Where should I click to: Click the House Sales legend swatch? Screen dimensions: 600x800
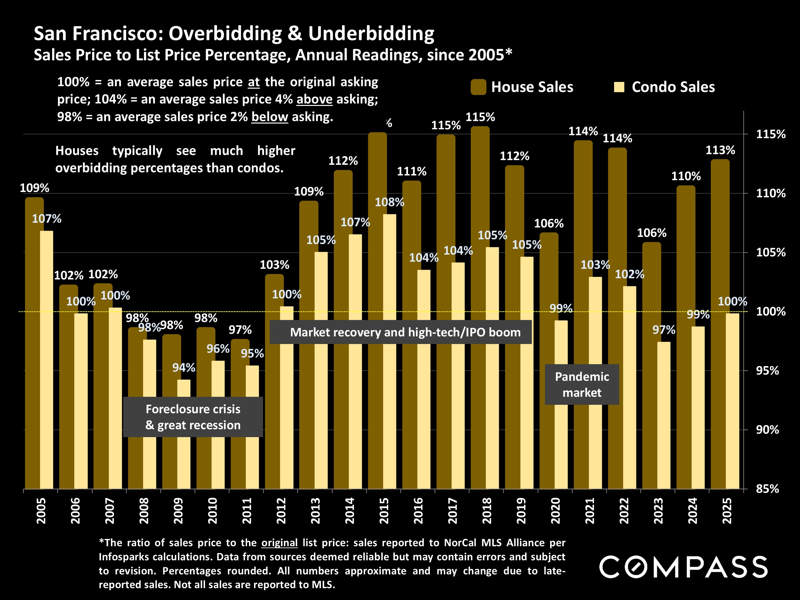point(478,87)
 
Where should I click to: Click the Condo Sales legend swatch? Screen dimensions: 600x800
point(619,87)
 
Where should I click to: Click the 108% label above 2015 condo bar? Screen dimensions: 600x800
point(389,202)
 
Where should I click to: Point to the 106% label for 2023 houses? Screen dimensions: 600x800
point(651,233)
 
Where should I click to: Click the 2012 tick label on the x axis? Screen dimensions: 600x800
point(281,510)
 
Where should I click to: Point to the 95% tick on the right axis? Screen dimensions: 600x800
point(767,371)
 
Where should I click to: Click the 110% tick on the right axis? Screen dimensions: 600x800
point(771,194)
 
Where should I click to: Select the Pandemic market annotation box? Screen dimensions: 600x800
point(581,384)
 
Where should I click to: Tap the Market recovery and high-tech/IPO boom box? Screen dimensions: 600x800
point(400,332)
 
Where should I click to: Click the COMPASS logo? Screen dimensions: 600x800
point(683,567)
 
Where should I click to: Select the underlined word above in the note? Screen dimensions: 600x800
point(314,100)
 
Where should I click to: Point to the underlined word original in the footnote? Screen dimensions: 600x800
point(279,542)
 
